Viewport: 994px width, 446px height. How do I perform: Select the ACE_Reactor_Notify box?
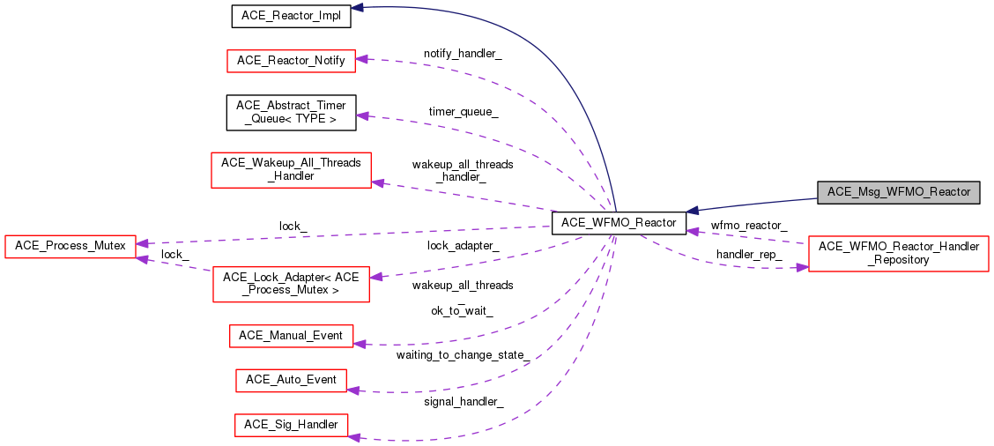(x=291, y=61)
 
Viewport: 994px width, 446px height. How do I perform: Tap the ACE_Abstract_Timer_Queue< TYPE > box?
(x=291, y=112)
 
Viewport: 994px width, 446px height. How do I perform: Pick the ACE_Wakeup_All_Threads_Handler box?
(x=291, y=169)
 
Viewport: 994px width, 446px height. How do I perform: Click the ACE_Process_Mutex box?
(x=70, y=245)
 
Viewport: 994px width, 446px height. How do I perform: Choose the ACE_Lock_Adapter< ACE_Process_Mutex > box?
(x=291, y=285)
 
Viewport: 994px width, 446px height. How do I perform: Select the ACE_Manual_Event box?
(x=291, y=336)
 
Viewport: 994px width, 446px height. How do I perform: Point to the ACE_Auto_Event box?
(x=291, y=380)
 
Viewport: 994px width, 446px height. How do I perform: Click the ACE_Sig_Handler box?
(x=291, y=425)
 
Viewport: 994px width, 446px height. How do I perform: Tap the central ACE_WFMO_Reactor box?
(x=618, y=223)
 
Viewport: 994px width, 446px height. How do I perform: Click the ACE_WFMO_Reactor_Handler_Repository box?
(x=898, y=253)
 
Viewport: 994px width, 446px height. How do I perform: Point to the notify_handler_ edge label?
(x=463, y=54)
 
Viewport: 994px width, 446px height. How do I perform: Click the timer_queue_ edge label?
(x=463, y=112)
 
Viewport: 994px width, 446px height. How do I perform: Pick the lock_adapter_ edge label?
(x=463, y=246)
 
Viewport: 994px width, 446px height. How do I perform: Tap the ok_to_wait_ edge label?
(x=462, y=310)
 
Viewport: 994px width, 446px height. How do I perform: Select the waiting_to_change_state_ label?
(x=462, y=355)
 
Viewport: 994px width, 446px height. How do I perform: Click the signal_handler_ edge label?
(x=463, y=402)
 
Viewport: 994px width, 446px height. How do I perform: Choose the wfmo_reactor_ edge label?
(x=749, y=226)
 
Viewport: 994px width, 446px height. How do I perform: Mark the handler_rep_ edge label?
(x=748, y=254)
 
